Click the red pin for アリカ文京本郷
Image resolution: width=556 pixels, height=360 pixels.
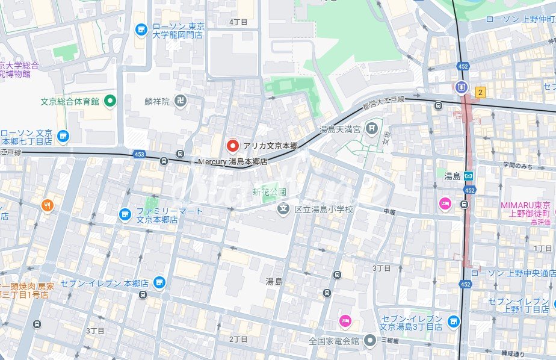232,145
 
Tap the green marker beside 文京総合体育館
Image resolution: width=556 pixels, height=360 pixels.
110,101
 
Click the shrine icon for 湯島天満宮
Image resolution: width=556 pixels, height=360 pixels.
372,128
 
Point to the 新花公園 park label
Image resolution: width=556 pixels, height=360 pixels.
269,192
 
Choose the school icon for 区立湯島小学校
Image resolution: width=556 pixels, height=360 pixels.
283,209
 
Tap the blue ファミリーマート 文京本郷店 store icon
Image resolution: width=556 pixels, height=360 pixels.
125,214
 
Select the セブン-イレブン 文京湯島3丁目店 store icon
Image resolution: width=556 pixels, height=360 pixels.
453,322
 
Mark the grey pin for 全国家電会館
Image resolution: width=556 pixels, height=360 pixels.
369,341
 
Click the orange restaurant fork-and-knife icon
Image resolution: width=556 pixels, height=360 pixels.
48,206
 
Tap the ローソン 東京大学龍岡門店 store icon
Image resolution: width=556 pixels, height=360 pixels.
141,28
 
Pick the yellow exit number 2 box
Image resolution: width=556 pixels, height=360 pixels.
480,92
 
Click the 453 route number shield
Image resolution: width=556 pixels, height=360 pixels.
140,154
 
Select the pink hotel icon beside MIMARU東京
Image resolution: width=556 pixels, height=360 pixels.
445,203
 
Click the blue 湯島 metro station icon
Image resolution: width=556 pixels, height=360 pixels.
468,176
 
